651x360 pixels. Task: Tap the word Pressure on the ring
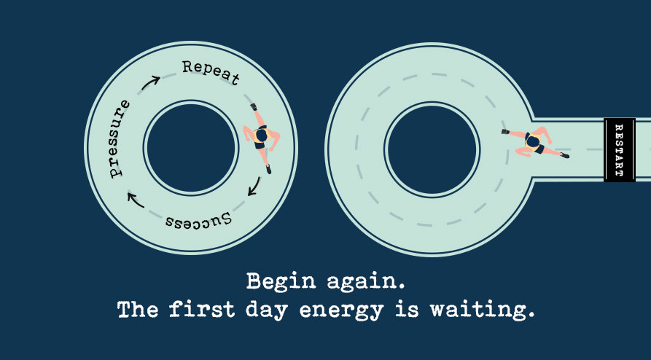click(x=118, y=138)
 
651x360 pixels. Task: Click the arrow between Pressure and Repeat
click(x=150, y=82)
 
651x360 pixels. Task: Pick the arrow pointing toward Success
click(x=254, y=187)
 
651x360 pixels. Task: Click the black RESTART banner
click(x=620, y=150)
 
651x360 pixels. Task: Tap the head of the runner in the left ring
click(x=261, y=135)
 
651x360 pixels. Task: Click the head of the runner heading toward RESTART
click(x=533, y=142)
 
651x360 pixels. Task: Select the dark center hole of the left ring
click(x=191, y=148)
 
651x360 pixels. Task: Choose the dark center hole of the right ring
click(x=432, y=149)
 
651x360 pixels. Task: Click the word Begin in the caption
click(x=281, y=282)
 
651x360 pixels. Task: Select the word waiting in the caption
click(x=482, y=311)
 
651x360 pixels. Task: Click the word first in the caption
click(x=202, y=309)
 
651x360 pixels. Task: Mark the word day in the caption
click(x=267, y=311)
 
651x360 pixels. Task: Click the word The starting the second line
click(x=138, y=309)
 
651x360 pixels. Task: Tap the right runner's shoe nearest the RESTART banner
click(x=564, y=155)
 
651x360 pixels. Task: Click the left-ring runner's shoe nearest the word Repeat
click(x=254, y=106)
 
